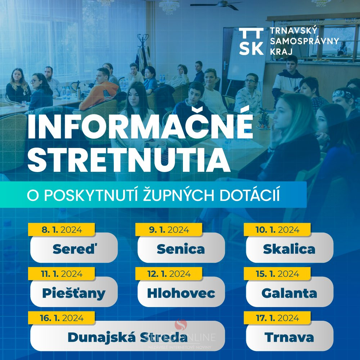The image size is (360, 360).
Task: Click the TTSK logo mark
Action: [251, 41]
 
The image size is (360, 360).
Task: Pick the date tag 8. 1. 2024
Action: [62, 229]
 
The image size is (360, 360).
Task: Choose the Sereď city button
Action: [74, 248]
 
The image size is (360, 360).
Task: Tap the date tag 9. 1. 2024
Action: [169, 229]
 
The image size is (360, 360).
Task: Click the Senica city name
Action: [181, 249]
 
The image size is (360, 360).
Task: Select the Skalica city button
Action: [289, 248]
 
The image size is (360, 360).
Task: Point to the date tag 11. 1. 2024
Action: [62, 274]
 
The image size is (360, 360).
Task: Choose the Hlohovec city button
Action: [181, 292]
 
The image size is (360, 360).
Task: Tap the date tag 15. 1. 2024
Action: [277, 274]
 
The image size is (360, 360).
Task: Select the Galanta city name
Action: [289, 293]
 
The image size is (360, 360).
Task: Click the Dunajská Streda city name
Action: [127, 338]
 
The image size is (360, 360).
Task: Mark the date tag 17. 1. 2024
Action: [277, 318]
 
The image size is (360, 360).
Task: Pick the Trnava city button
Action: [289, 336]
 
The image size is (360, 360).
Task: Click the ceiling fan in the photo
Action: [217, 5]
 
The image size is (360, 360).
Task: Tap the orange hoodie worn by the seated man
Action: [99, 94]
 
